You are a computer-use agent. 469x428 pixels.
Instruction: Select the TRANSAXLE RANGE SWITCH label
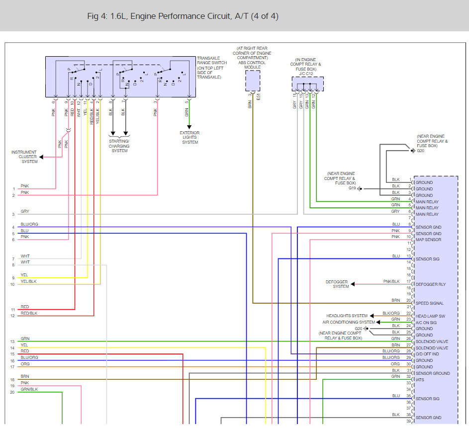click(212, 60)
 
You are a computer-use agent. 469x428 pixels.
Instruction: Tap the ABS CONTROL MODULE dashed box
click(253, 81)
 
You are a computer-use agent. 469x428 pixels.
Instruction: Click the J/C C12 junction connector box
click(307, 84)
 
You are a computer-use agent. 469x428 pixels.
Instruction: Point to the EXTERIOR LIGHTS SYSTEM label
click(189, 138)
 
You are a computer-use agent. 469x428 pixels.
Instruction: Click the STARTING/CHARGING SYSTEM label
click(119, 146)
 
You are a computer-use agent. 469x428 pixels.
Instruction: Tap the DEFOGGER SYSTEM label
click(337, 284)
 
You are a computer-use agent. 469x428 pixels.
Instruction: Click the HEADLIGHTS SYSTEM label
click(347, 316)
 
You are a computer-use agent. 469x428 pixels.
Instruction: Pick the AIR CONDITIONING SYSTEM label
click(349, 322)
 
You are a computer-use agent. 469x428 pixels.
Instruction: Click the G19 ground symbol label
click(352, 188)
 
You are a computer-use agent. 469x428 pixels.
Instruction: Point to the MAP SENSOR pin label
click(428, 240)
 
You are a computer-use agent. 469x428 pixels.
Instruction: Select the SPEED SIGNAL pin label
click(430, 303)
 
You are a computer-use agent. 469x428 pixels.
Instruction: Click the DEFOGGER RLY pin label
click(430, 284)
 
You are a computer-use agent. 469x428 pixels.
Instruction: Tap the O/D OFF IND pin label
click(427, 354)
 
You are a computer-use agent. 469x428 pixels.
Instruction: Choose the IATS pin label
click(420, 380)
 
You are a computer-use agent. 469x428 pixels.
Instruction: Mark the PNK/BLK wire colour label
click(391, 281)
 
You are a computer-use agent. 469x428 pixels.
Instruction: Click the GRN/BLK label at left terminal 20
click(29, 389)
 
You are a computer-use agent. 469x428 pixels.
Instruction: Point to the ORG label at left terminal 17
click(25, 364)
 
